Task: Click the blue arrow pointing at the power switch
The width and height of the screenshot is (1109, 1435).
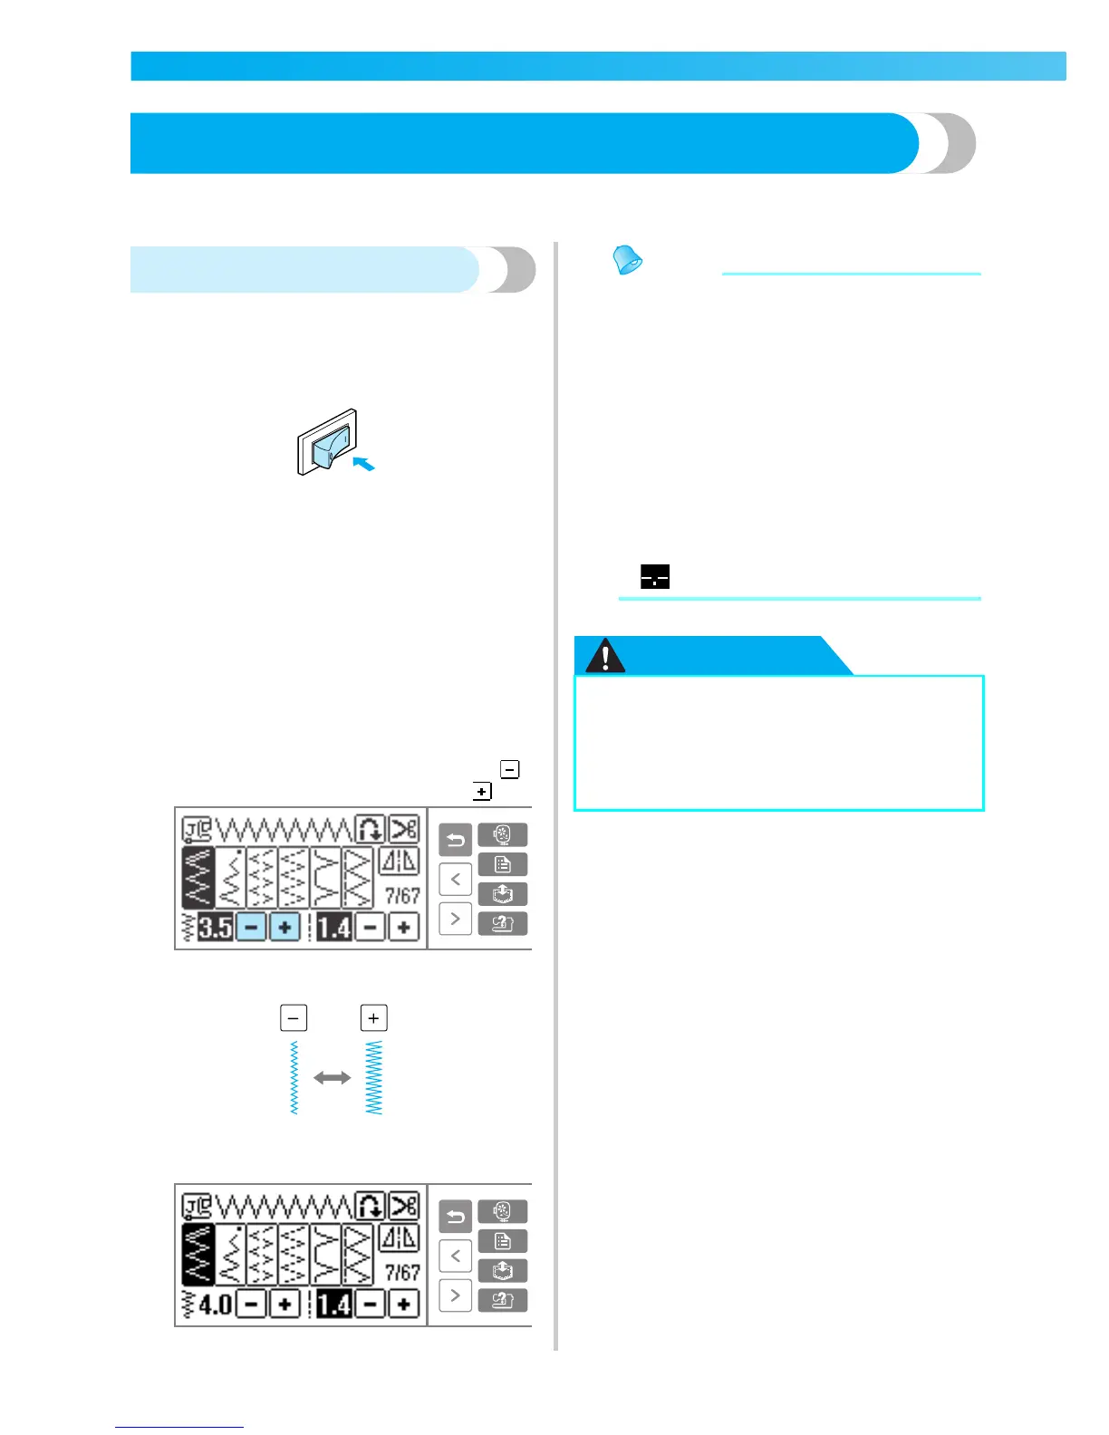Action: tap(363, 464)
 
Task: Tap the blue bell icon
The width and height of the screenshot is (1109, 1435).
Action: tap(627, 260)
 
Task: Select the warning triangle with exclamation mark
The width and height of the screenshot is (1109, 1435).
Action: tap(605, 656)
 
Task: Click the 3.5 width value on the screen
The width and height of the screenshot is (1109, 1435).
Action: tap(216, 928)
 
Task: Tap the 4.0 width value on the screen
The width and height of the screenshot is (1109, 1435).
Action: tap(216, 1305)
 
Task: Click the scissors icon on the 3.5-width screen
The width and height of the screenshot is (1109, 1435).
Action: tap(404, 829)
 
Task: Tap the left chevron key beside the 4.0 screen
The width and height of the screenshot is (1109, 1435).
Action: tap(455, 1257)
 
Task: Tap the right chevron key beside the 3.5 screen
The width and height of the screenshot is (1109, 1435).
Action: tap(455, 919)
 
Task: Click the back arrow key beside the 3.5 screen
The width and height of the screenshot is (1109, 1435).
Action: tap(455, 840)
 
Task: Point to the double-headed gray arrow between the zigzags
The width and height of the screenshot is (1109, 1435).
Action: tap(333, 1078)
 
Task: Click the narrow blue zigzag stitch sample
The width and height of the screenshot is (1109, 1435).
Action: tap(294, 1078)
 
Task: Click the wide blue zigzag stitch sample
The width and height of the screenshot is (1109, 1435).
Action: tap(373, 1078)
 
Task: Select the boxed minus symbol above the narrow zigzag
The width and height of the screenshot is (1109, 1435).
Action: tap(294, 1017)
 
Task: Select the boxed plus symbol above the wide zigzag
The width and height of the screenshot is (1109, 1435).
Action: tap(373, 1017)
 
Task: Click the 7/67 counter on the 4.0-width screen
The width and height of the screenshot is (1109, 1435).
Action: tap(402, 1273)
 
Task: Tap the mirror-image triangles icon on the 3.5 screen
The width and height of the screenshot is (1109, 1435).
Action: tap(399, 861)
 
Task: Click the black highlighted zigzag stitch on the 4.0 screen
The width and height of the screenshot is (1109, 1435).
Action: tap(198, 1255)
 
